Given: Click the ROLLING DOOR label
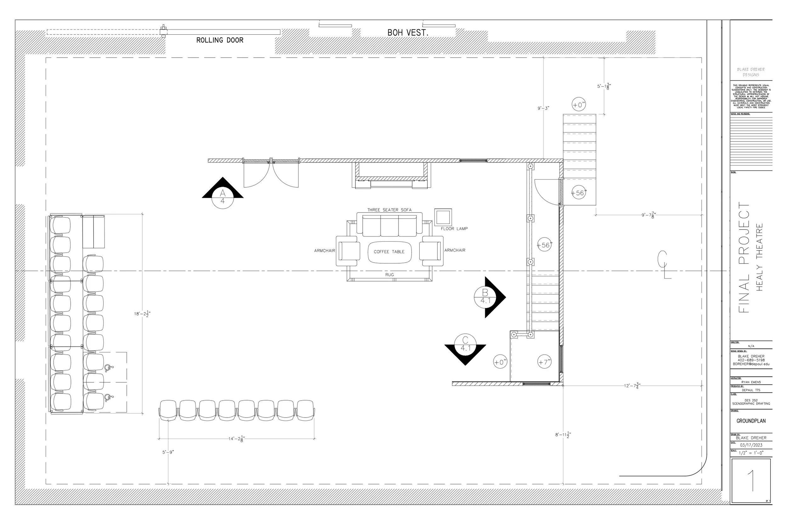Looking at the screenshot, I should tap(219, 40).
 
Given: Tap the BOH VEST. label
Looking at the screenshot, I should tap(408, 33).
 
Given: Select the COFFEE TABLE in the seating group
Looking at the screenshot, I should tap(389, 252).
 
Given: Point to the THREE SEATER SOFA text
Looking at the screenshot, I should tap(389, 210).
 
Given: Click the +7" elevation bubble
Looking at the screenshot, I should tap(544, 362).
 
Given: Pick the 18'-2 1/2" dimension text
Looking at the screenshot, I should tap(143, 314).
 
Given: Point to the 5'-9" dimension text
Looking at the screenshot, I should tap(168, 452).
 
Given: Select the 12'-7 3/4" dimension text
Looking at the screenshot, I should tap(632, 386).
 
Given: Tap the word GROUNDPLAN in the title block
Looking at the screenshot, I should tap(751, 421).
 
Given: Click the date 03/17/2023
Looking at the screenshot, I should tap(751, 445).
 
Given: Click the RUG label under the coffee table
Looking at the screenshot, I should tap(389, 275).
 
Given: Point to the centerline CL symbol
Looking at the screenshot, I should tap(663, 264).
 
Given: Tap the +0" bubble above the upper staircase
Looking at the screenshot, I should tap(579, 105).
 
